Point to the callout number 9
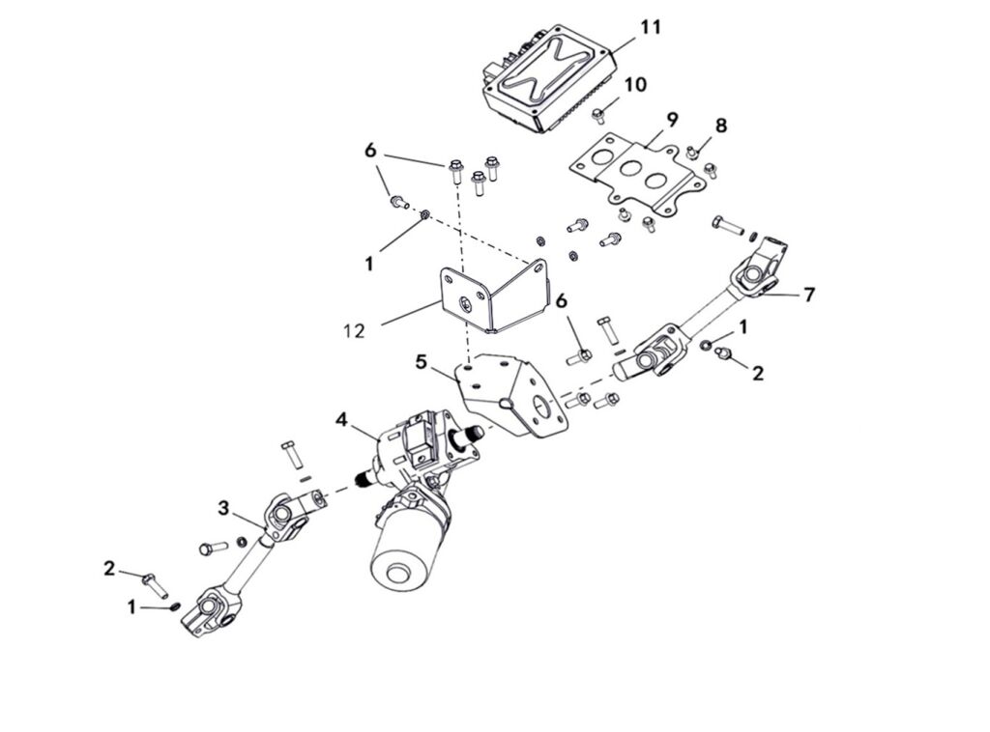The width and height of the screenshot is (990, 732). (x=672, y=119)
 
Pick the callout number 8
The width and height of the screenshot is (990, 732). (x=721, y=126)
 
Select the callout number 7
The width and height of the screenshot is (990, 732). (x=808, y=295)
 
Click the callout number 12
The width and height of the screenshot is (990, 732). (x=353, y=330)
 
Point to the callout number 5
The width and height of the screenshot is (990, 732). (x=421, y=362)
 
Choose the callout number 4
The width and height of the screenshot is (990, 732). (x=342, y=420)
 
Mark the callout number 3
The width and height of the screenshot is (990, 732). (x=222, y=507)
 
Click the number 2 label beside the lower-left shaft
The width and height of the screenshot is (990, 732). (x=109, y=569)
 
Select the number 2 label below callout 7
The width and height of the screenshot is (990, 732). (x=758, y=373)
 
